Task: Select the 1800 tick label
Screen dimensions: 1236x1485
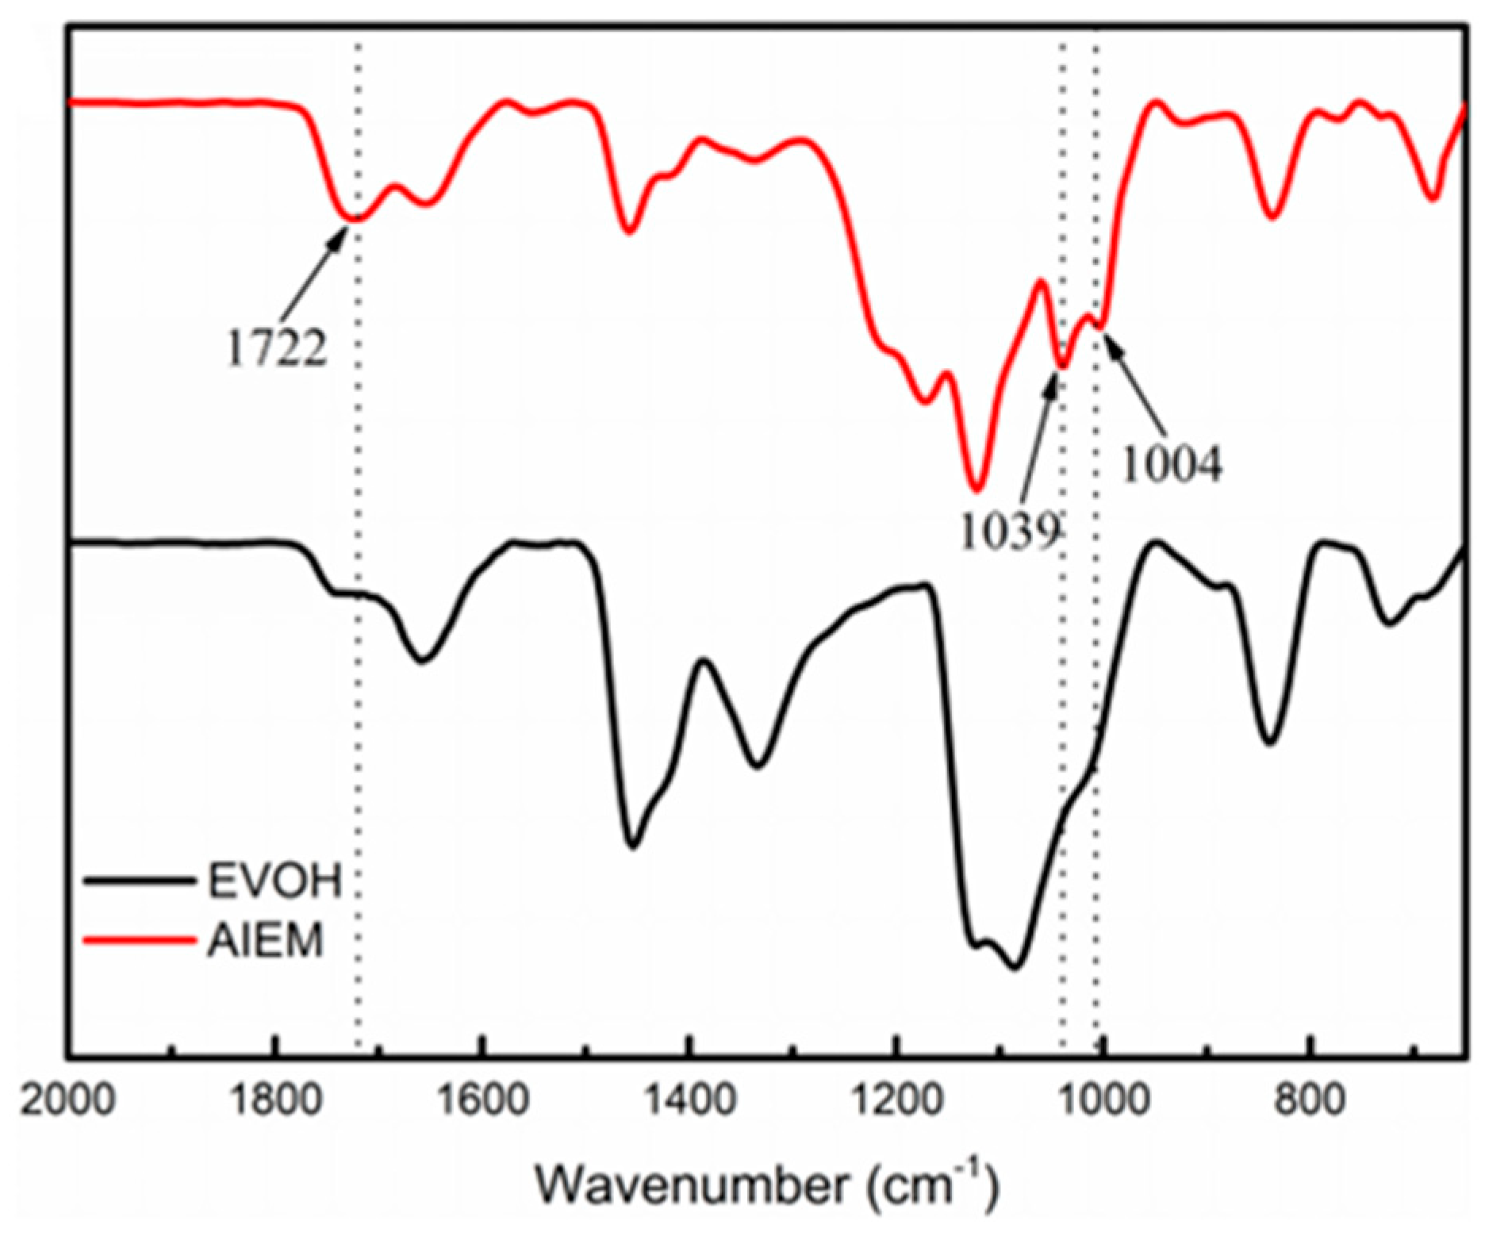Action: click(274, 1102)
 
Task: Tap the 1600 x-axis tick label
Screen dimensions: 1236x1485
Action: click(482, 1102)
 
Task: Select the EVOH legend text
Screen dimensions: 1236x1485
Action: click(274, 881)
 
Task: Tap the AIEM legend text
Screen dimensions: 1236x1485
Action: click(265, 942)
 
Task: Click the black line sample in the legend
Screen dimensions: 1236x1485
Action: click(139, 881)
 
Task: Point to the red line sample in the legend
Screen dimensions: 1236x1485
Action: click(139, 942)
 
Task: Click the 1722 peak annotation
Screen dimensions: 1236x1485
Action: click(276, 347)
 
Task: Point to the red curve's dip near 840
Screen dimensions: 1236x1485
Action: click(1272, 217)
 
